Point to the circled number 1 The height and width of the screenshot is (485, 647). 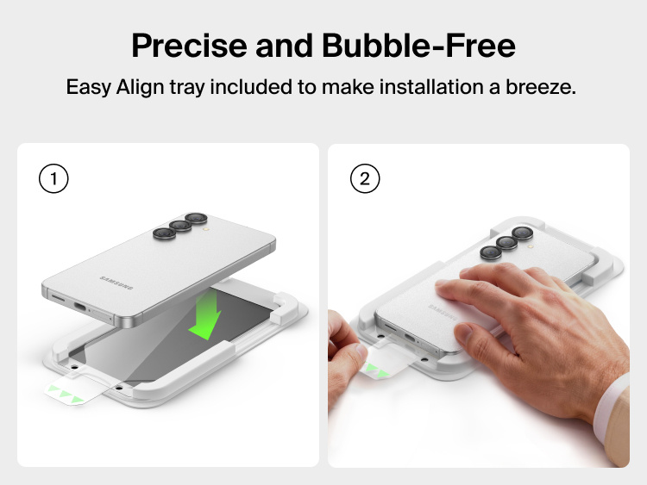point(53,180)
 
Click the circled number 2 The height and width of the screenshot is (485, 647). point(364,180)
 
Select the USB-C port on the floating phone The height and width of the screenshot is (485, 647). point(81,307)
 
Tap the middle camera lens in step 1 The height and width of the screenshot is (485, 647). point(179,227)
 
